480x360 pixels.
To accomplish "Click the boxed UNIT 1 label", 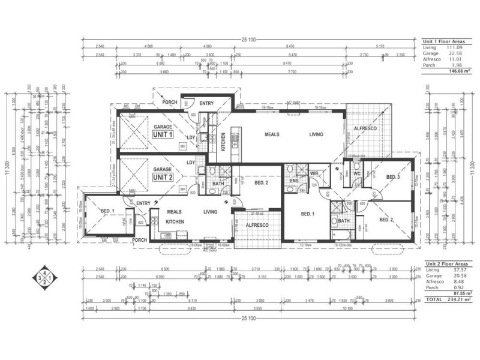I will [x=162, y=135].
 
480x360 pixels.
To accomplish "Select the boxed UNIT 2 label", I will [x=162, y=178].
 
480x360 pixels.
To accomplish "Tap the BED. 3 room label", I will [x=393, y=178].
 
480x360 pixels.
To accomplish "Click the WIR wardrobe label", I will [x=314, y=173].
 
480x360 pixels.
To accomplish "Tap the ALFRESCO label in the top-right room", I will [x=364, y=128].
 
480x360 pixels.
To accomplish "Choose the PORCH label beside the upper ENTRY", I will [x=170, y=103].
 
